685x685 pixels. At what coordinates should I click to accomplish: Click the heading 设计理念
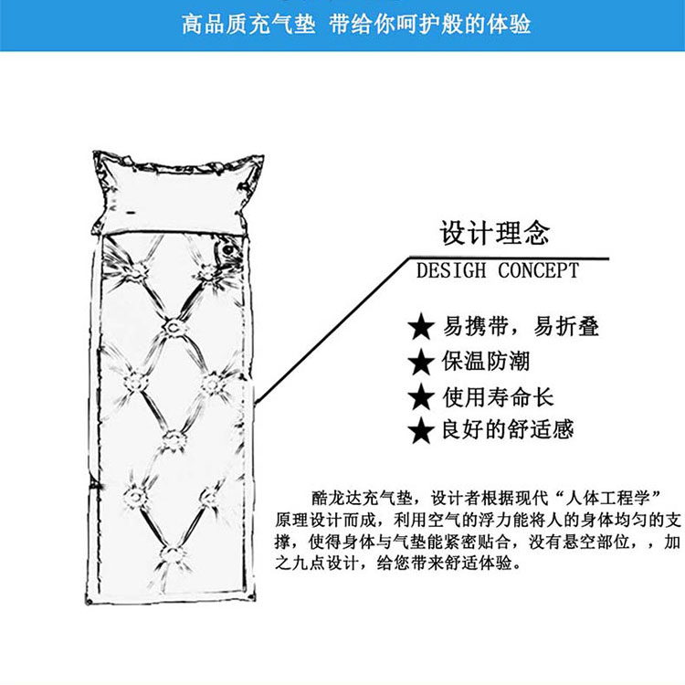click(x=494, y=233)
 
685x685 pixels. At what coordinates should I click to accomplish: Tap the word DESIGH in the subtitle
click(x=451, y=270)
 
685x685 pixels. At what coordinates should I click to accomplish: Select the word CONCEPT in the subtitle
click(x=538, y=270)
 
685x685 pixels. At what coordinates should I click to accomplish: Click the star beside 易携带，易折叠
click(x=421, y=326)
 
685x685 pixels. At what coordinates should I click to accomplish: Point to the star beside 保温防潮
click(x=421, y=362)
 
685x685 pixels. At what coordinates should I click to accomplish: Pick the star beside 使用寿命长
click(x=421, y=396)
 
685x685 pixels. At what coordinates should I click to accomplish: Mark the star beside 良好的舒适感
click(x=421, y=430)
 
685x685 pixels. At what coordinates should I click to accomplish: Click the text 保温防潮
click(x=485, y=362)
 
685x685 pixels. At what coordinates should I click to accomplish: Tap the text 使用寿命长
click(x=498, y=396)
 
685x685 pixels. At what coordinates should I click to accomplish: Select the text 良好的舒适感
click(x=508, y=429)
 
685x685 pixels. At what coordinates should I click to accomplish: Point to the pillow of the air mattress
click(x=174, y=193)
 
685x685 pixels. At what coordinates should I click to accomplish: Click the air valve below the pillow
click(x=227, y=251)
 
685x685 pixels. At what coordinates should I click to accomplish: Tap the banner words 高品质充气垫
click(x=248, y=24)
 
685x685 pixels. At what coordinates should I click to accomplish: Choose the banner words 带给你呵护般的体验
click(x=430, y=24)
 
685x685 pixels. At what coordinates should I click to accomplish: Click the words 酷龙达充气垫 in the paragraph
click(x=362, y=498)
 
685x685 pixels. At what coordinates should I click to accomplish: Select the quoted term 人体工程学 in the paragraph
click(x=608, y=498)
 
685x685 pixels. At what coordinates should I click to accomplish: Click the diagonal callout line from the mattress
click(x=332, y=331)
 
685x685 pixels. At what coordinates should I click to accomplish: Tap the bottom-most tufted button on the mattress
click(x=173, y=555)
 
